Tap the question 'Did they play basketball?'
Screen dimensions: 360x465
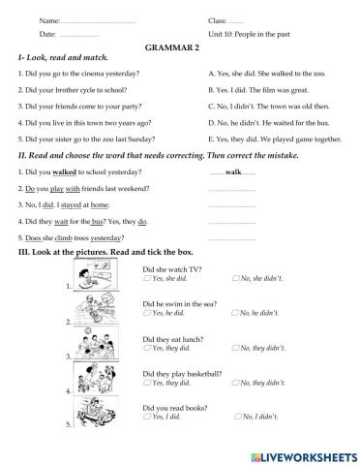tap(182, 373)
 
